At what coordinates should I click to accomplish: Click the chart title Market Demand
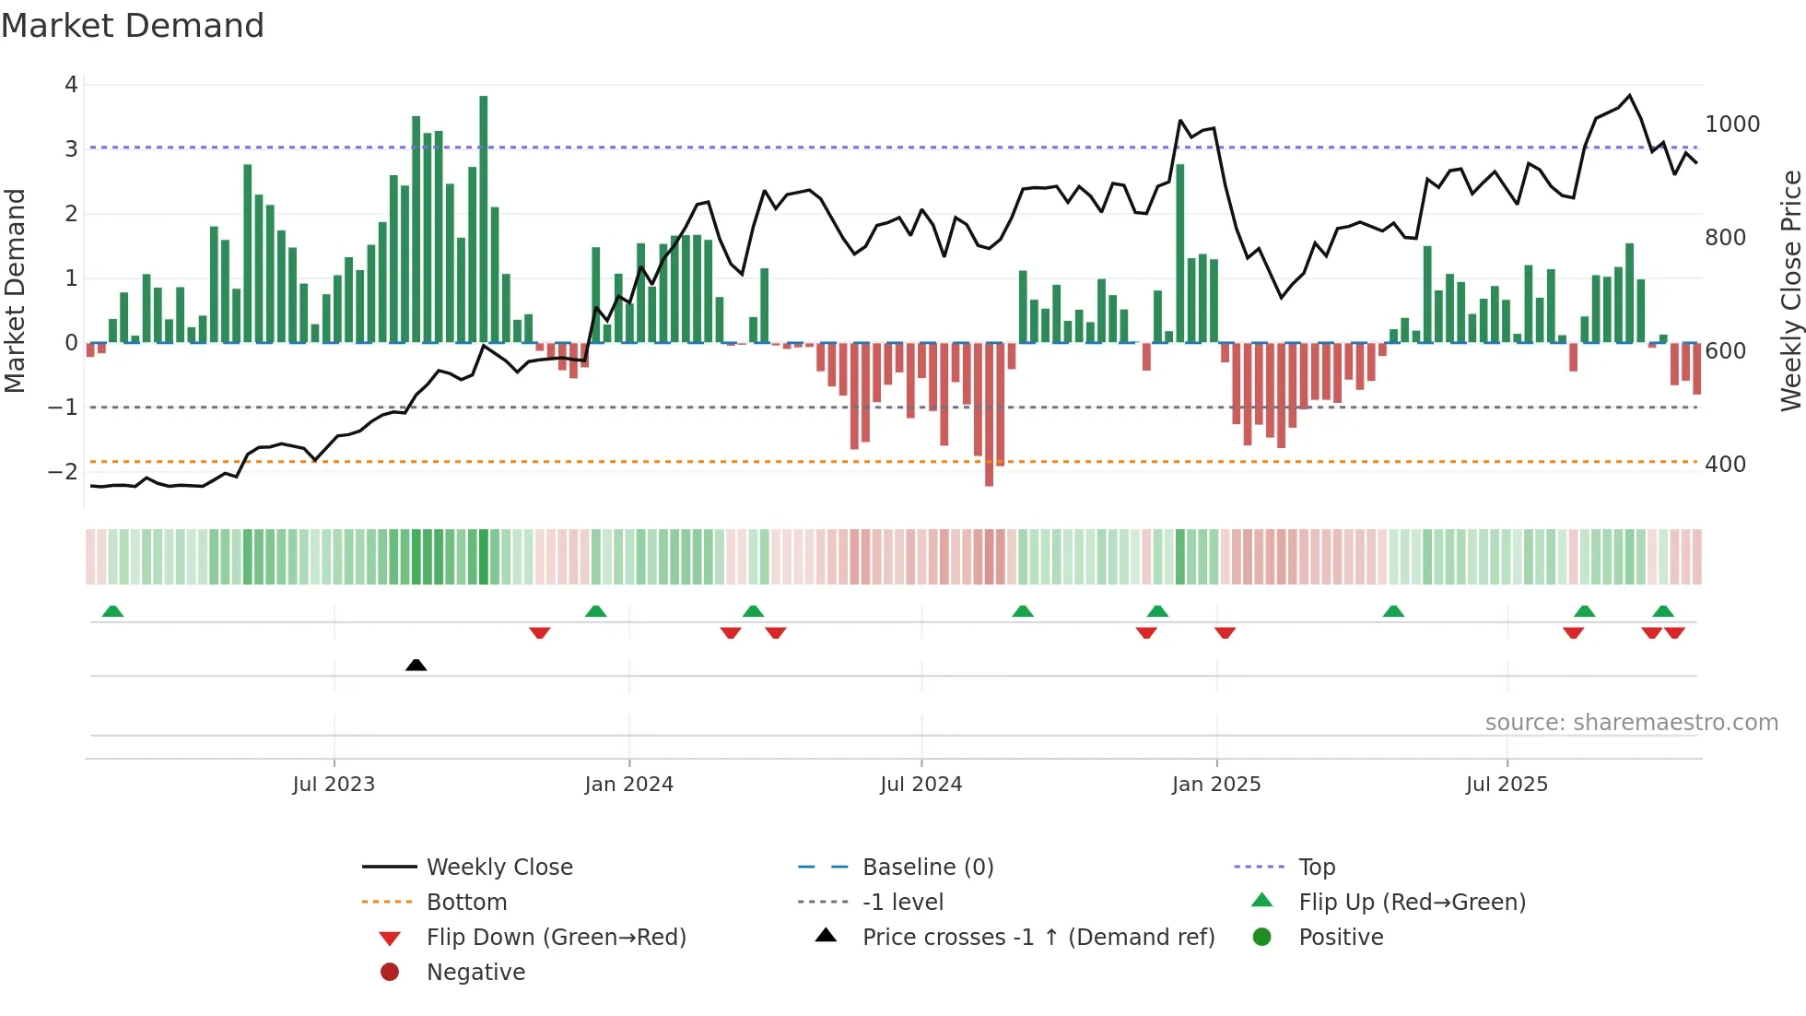tap(133, 26)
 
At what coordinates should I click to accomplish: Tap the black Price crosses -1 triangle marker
tap(416, 665)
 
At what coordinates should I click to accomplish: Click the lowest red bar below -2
tap(989, 415)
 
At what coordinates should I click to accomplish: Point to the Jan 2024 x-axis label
tap(628, 785)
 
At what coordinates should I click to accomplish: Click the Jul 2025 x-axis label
tap(1507, 785)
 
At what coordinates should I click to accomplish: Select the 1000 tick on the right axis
tap(1732, 124)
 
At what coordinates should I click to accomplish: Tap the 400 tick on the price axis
tap(1725, 465)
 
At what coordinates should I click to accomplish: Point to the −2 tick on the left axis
tap(63, 471)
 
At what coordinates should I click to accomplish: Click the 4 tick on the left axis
tap(71, 85)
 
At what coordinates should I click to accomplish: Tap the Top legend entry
tap(1317, 868)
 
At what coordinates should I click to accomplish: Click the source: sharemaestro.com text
tap(1631, 723)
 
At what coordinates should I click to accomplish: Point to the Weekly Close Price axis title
tap(1790, 290)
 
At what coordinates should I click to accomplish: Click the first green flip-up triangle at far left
tap(112, 611)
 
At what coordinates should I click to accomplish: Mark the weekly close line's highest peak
tap(1629, 96)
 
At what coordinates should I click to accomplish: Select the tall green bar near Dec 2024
tap(1179, 254)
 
